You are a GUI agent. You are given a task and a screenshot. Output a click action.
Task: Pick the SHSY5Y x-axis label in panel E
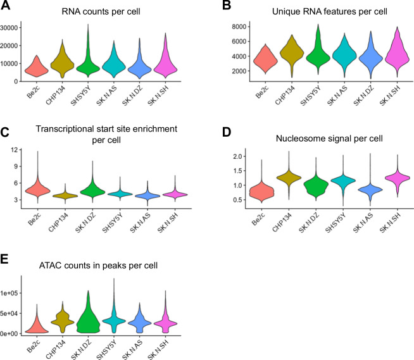(116, 347)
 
